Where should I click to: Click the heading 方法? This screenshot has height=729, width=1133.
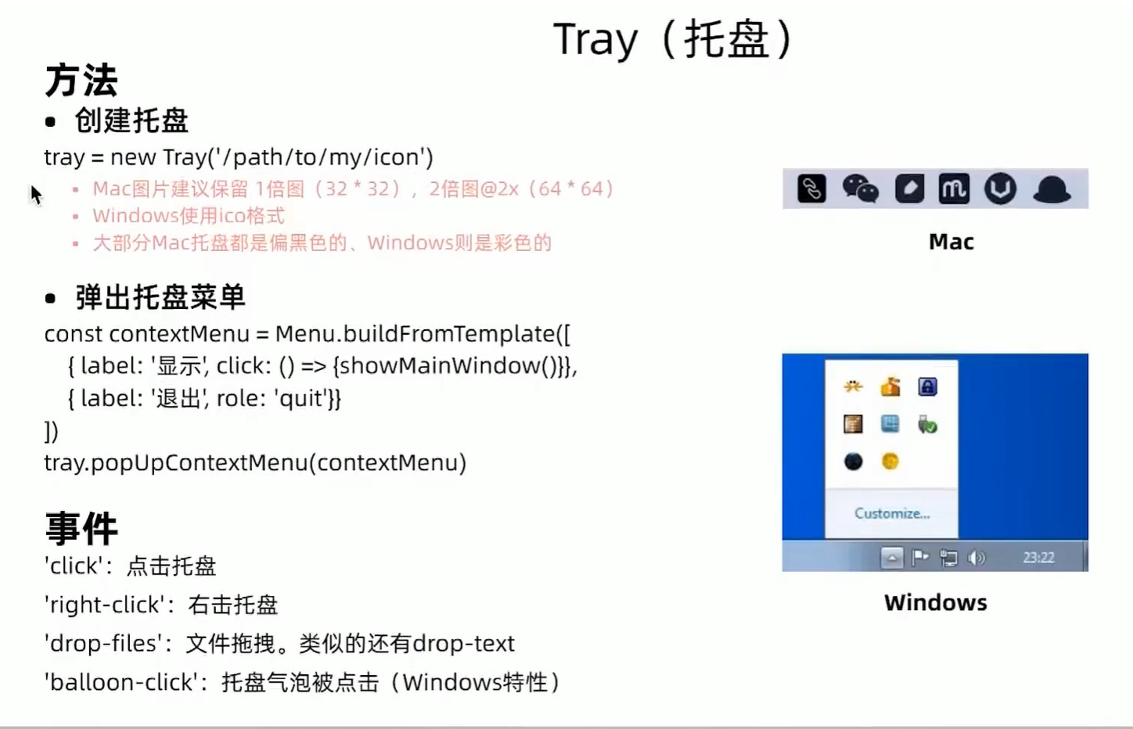[x=81, y=81]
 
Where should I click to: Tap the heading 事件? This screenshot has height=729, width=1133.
[x=81, y=528]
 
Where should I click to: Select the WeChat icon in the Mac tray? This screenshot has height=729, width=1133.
[x=861, y=189]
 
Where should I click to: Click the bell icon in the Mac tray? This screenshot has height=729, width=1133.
[x=1052, y=189]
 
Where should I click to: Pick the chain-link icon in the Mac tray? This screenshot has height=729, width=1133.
[x=811, y=189]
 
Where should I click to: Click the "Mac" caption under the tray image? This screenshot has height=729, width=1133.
[x=951, y=242]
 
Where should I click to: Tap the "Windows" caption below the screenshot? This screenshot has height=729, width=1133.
[x=935, y=602]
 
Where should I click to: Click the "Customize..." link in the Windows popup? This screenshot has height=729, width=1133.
[x=892, y=514]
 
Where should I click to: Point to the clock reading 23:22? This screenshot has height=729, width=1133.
[x=1038, y=558]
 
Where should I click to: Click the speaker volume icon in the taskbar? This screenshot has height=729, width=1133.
[x=977, y=558]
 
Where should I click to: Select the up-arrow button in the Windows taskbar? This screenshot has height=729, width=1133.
[x=892, y=558]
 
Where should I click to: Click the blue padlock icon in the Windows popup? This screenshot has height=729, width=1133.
[x=927, y=386]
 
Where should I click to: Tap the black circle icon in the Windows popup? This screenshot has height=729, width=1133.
[x=854, y=461]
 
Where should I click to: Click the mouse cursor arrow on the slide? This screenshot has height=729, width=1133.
[x=35, y=195]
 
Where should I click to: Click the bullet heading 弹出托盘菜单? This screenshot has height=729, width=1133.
[x=160, y=297]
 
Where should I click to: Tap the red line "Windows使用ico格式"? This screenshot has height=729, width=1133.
[x=189, y=216]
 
